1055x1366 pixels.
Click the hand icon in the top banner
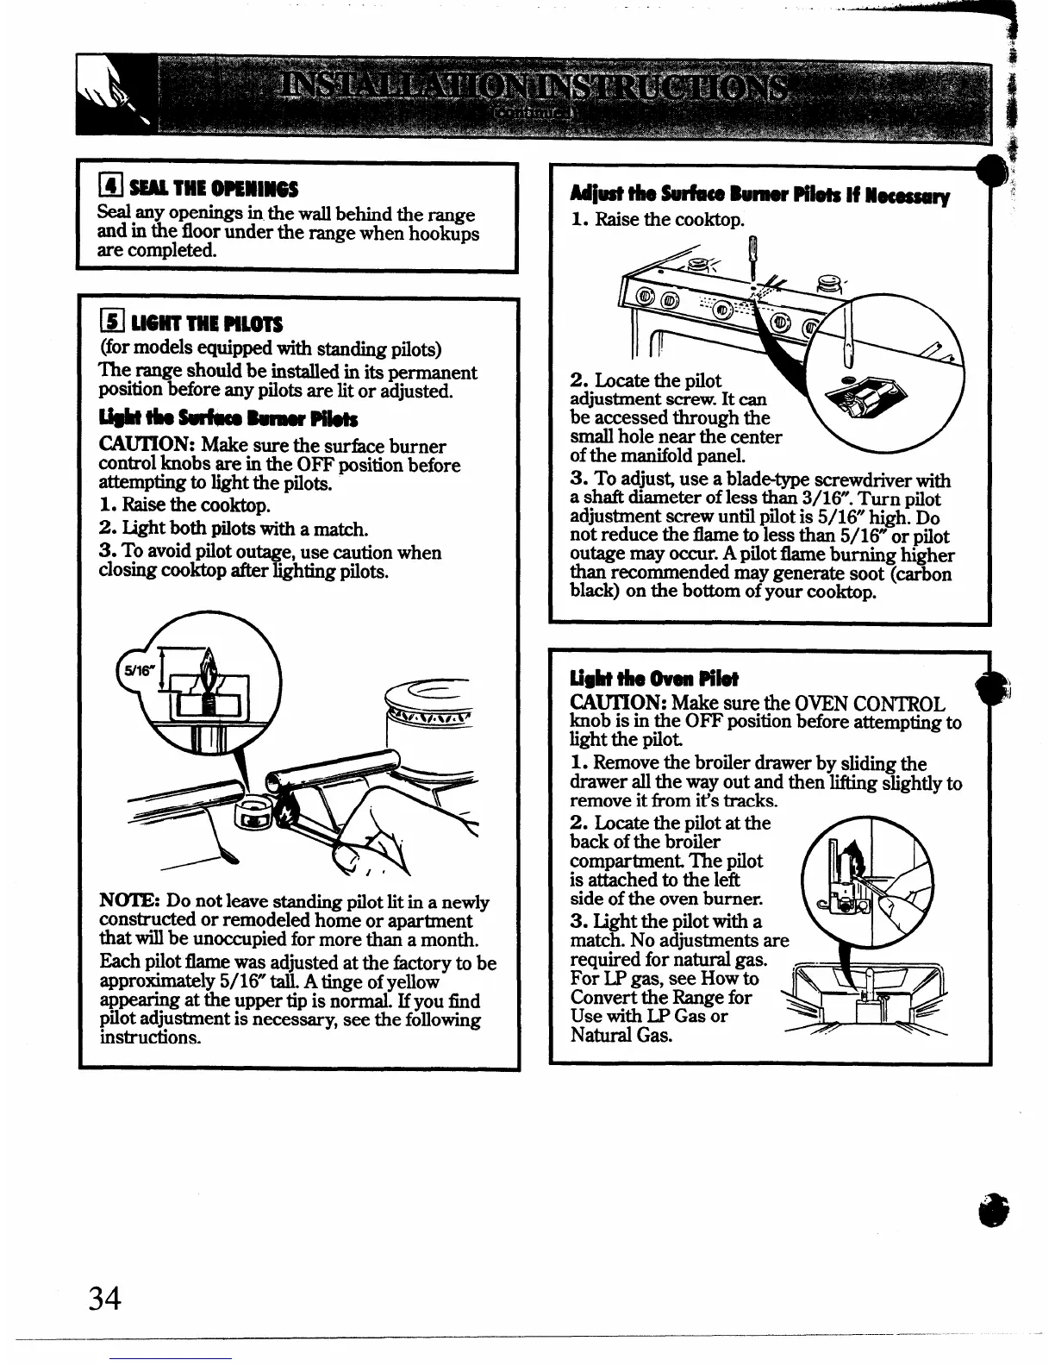point(110,97)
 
